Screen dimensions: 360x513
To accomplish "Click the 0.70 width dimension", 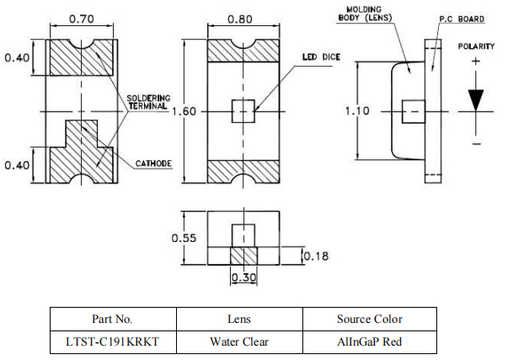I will point(80,17).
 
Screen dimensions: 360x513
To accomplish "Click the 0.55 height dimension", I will point(184,238).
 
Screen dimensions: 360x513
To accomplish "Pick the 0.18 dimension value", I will point(316,255).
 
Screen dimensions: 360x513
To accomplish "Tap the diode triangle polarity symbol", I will point(477,99).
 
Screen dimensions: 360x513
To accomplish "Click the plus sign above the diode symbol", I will point(476,62).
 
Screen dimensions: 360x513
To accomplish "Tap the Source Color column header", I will point(369,319).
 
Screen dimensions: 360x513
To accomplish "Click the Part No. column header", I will point(112,319).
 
